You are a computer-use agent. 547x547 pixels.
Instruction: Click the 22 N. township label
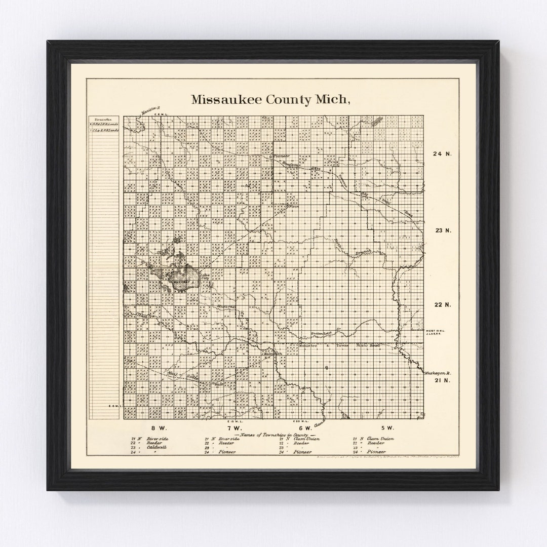click(x=443, y=305)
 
